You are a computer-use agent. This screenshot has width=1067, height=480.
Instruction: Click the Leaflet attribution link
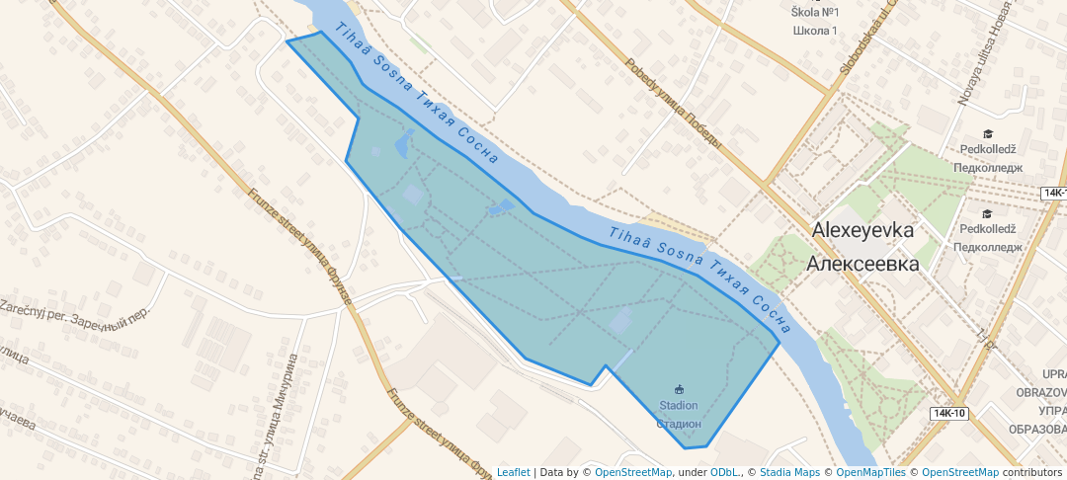(513, 472)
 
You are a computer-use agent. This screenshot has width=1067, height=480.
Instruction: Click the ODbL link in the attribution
(725, 472)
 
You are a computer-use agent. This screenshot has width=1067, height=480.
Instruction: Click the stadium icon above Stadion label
(679, 388)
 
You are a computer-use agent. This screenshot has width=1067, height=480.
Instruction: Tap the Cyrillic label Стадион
(679, 423)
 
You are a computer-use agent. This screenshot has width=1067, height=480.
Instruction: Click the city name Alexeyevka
(862, 229)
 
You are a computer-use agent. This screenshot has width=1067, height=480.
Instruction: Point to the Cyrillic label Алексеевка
(862, 264)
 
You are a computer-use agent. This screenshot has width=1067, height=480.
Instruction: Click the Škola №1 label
(815, 12)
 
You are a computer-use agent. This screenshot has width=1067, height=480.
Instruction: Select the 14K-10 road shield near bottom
(948, 413)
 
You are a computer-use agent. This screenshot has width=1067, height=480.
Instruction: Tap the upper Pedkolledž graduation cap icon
(987, 134)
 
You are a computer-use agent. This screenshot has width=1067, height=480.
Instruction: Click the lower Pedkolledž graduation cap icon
(987, 213)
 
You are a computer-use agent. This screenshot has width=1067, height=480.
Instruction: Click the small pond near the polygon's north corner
(404, 145)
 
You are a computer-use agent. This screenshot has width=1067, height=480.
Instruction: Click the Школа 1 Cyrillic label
(815, 31)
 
